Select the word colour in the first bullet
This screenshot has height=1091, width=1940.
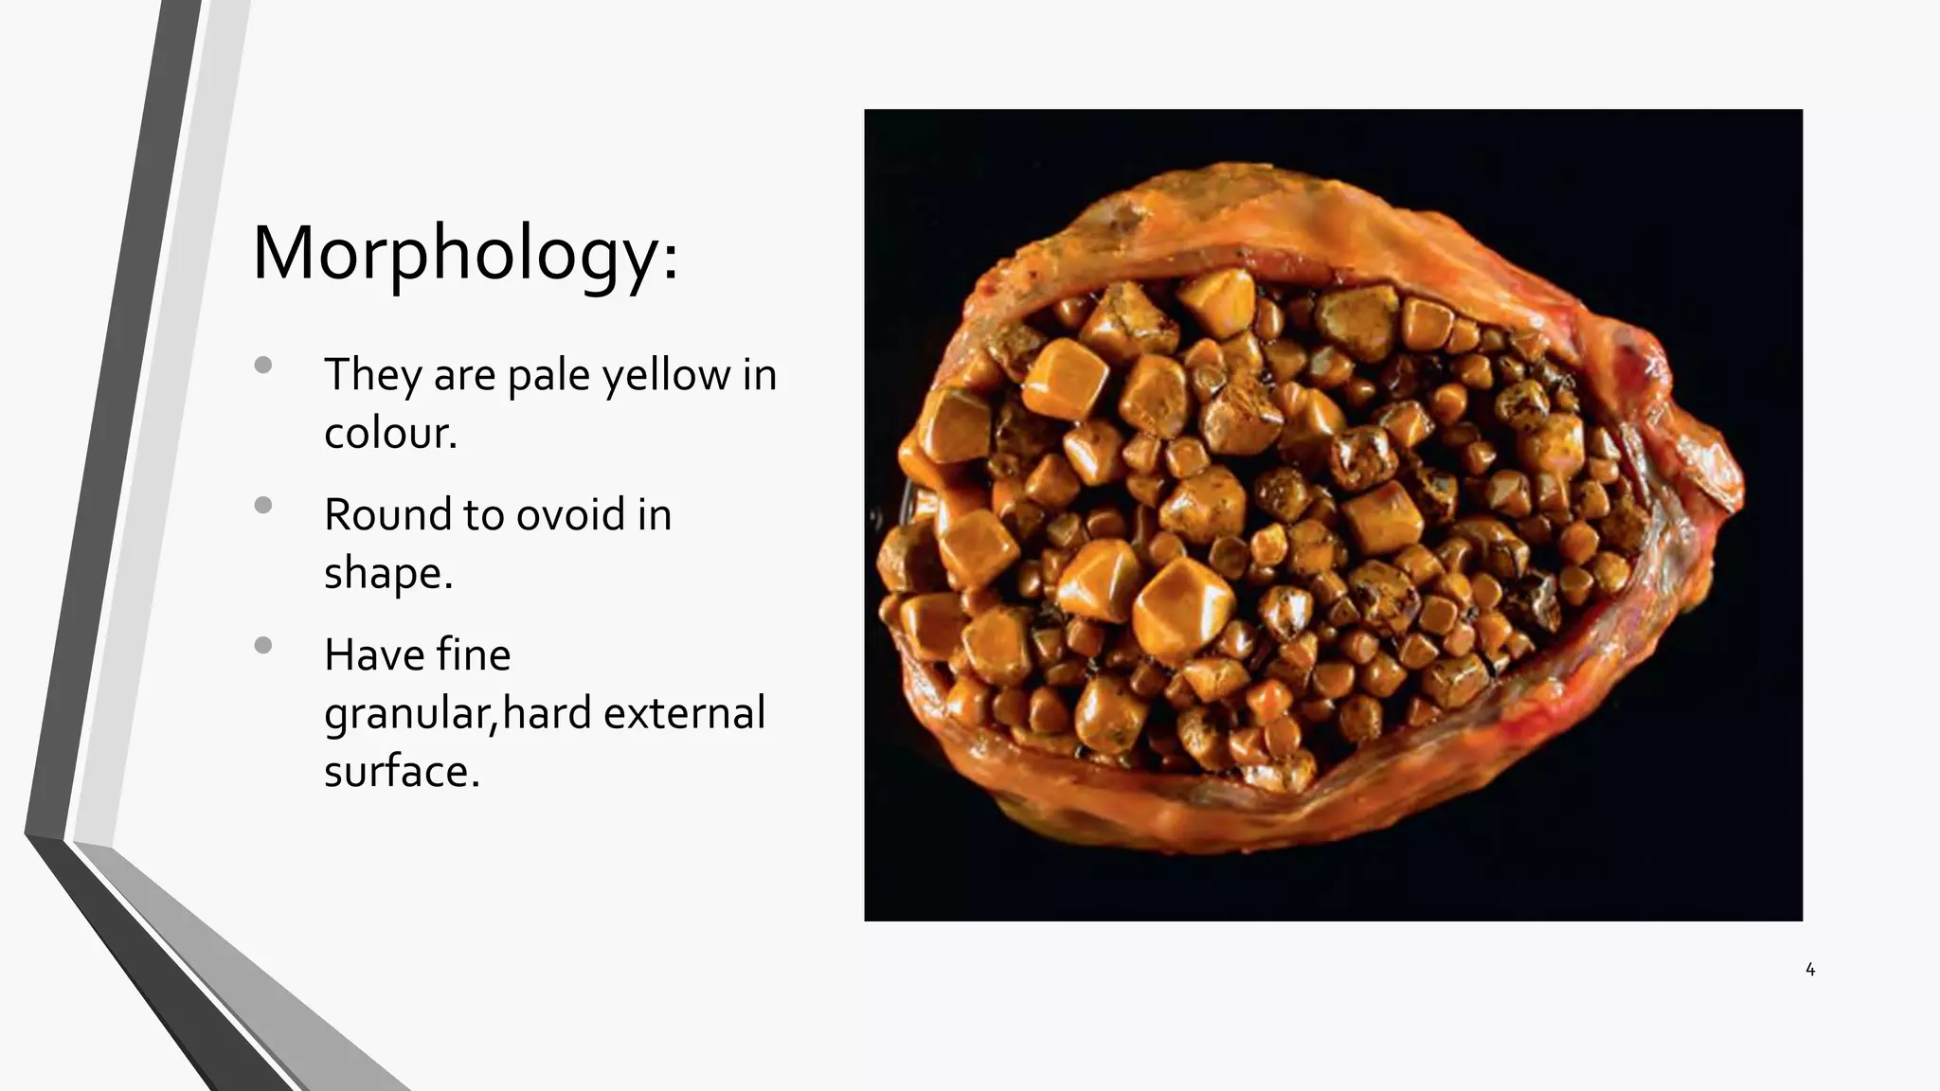388,433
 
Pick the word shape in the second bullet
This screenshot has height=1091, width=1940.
386,574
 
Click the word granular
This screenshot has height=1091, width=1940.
407,713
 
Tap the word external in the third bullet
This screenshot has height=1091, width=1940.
684,712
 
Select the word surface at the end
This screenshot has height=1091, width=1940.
400,771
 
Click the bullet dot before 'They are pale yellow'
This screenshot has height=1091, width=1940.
263,365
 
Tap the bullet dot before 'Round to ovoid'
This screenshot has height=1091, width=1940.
263,505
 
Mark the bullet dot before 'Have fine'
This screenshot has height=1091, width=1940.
263,646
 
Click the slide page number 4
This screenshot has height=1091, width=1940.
1810,970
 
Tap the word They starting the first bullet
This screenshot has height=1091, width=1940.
372,374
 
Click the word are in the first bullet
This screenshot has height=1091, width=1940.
464,376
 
